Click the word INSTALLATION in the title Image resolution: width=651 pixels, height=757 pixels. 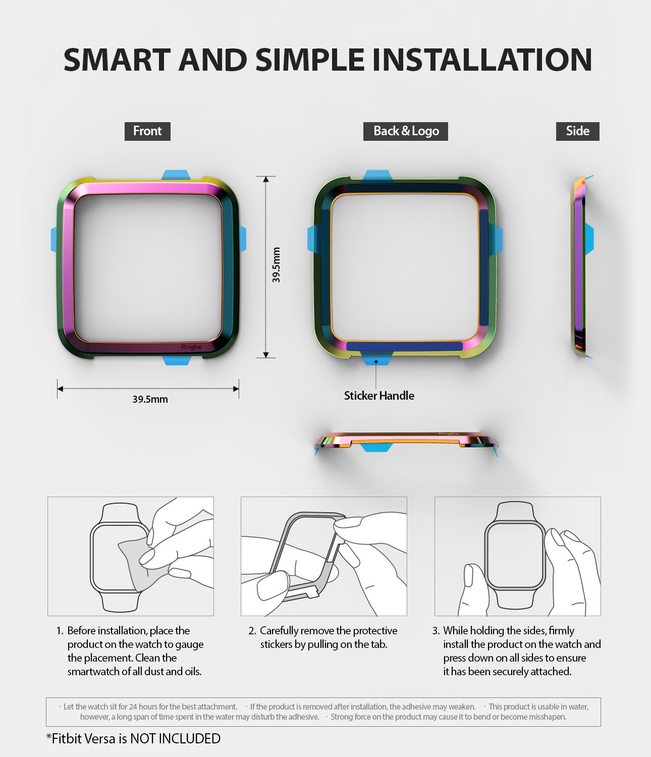pos(481,60)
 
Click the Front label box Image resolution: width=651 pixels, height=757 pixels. pos(147,131)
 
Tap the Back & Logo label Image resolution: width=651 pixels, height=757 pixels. pos(406,131)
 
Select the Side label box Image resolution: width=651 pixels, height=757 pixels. pos(577,131)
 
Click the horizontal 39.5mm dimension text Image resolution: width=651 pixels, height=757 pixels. pos(150,399)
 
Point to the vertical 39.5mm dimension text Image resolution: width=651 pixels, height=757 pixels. pos(276,265)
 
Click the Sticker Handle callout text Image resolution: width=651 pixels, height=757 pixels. pos(379,396)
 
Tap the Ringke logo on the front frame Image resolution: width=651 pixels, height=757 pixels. pos(191,347)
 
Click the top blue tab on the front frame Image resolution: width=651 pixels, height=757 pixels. pos(176,175)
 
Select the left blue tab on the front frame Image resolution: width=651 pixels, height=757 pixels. pos(54,239)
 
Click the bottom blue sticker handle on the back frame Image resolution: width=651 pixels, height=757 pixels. pos(376,359)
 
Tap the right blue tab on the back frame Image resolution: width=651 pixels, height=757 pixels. pos(498,239)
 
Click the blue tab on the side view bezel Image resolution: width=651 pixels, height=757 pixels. pos(589,238)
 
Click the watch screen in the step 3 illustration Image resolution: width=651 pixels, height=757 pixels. pos(515,555)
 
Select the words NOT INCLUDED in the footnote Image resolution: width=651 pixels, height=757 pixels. pos(175,739)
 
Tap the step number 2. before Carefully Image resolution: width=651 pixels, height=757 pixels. pos(252,631)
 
